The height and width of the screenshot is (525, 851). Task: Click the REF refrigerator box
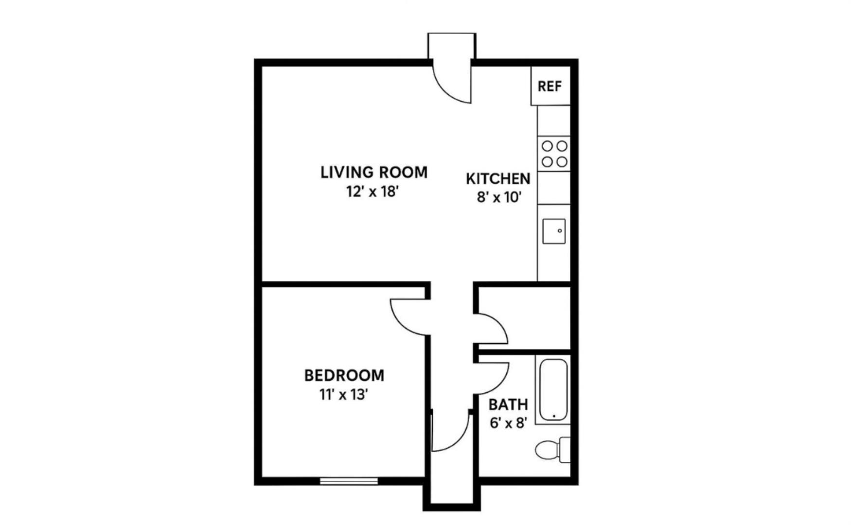pos(550,86)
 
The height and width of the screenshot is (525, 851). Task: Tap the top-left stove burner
pos(547,146)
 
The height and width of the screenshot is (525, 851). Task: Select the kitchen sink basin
pos(554,231)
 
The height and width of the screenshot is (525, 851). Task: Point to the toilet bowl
pos(547,450)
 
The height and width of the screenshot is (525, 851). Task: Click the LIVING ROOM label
pos(374,172)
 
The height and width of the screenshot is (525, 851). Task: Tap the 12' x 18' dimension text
pos(372,192)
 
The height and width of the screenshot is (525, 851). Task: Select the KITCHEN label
pos(498,179)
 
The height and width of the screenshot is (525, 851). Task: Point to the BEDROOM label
pos(344,375)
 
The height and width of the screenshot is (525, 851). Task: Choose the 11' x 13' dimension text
pos(343,395)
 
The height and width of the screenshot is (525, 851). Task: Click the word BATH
pos(508,404)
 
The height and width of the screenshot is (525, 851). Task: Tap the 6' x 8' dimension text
pos(508,423)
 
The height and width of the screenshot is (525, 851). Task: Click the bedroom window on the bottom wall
pos(349,481)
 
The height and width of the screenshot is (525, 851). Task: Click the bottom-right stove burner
pos(562,161)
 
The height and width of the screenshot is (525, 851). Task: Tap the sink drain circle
pos(560,231)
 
